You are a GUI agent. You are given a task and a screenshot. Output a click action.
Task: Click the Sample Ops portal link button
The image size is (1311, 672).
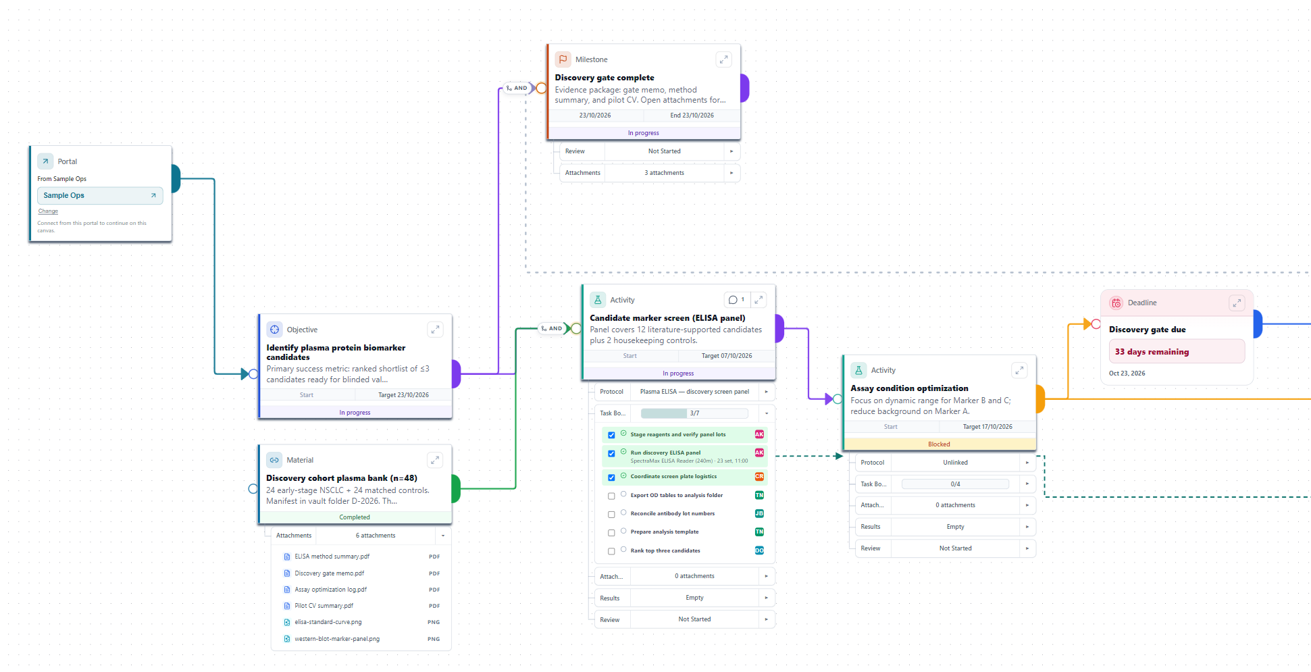pyautogui.click(x=100, y=196)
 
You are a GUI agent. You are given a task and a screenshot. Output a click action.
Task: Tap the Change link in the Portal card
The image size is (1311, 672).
pyautogui.click(x=48, y=211)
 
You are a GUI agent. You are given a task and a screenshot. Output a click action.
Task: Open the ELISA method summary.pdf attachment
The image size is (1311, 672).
pyautogui.click(x=332, y=557)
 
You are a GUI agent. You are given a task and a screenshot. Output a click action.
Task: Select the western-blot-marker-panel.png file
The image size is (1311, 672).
pyautogui.click(x=337, y=639)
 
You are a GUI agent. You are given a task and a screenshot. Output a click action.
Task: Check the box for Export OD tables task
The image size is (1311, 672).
pyautogui.click(x=611, y=496)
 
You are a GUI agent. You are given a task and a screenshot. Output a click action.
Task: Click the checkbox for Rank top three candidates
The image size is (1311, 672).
pyautogui.click(x=611, y=551)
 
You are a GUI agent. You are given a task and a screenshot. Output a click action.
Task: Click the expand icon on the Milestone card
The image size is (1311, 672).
pyautogui.click(x=723, y=59)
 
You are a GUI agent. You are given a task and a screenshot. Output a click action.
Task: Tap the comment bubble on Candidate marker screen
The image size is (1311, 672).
pyautogui.click(x=736, y=300)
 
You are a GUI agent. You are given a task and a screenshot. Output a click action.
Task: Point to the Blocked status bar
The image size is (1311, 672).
pyautogui.click(x=939, y=444)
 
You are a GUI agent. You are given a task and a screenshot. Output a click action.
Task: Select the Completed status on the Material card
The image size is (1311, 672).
pyautogui.click(x=355, y=517)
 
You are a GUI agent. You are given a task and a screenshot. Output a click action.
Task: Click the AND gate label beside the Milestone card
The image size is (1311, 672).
pyautogui.click(x=517, y=88)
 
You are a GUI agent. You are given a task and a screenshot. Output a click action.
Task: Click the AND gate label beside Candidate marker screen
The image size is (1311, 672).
pyautogui.click(x=552, y=329)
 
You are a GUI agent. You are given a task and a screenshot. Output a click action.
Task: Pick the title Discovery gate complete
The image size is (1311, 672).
pyautogui.click(x=605, y=78)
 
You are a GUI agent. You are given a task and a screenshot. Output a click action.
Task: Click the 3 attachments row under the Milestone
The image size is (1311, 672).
pyautogui.click(x=664, y=173)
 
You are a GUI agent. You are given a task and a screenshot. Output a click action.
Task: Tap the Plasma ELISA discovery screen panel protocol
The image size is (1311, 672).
pyautogui.click(x=694, y=392)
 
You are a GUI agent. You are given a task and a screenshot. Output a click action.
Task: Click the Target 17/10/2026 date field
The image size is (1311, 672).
pyautogui.click(x=987, y=427)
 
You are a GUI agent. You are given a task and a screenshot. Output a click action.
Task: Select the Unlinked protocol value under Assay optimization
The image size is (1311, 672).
pyautogui.click(x=955, y=463)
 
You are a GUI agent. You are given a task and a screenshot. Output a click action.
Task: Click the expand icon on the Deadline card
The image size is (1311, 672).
pyautogui.click(x=1237, y=303)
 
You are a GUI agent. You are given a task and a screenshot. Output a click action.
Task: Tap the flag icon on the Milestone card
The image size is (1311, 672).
pyautogui.click(x=563, y=59)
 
